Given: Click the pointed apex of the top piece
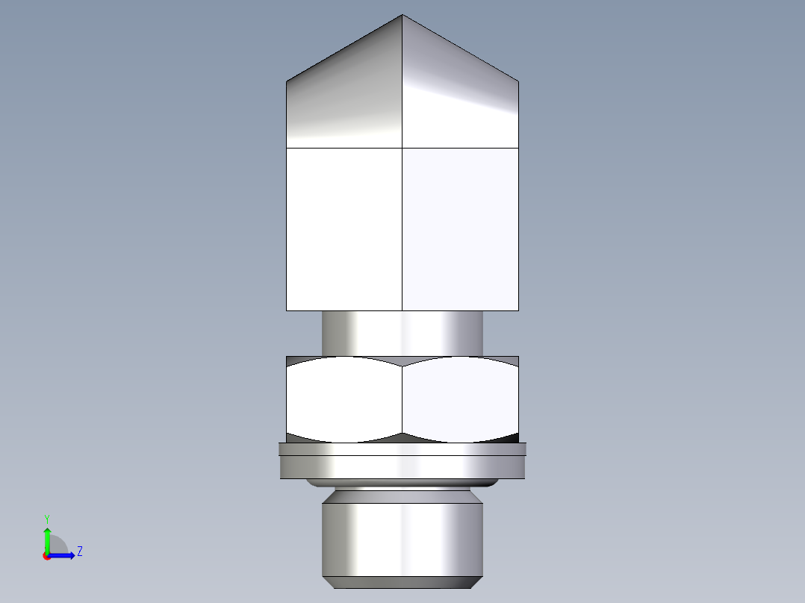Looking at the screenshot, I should coord(402,16).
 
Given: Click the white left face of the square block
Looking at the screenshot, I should coord(344,228).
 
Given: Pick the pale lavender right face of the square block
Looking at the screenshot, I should coord(460,228).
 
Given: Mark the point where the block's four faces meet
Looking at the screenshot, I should coord(402,148).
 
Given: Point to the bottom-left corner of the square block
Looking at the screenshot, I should coord(287,310).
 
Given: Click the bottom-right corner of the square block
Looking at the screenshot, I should coord(517,310).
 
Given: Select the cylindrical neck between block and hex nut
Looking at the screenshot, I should coord(402,333).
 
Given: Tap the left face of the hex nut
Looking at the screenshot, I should coord(344,399).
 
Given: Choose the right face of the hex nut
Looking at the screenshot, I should coord(460,399).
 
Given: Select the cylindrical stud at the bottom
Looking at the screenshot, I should coord(402,537).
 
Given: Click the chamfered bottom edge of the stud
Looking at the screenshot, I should coord(402,582).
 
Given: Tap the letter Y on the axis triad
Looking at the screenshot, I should coord(47,518).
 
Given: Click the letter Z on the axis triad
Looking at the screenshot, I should coord(79,552).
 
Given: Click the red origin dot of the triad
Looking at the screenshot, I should coord(46,556).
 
